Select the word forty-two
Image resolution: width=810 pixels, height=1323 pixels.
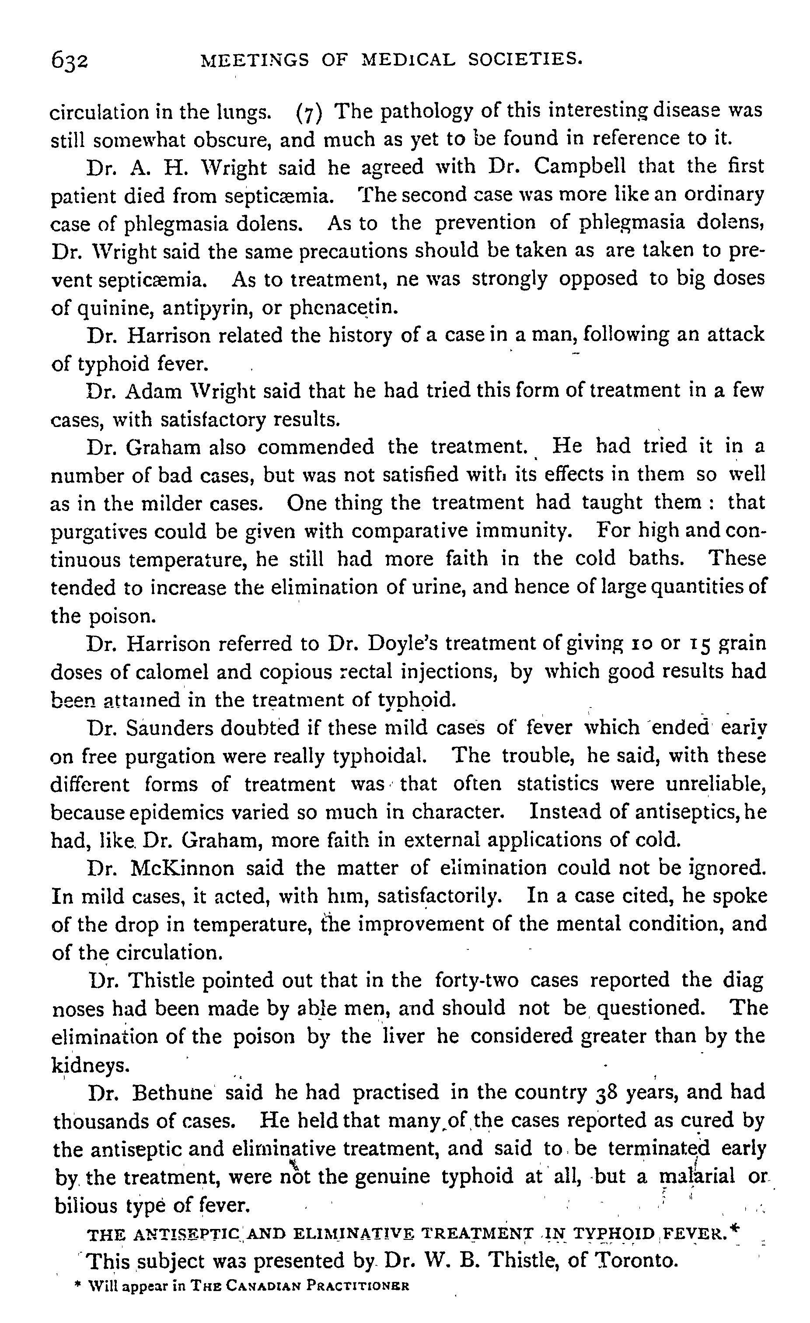[476, 980]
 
